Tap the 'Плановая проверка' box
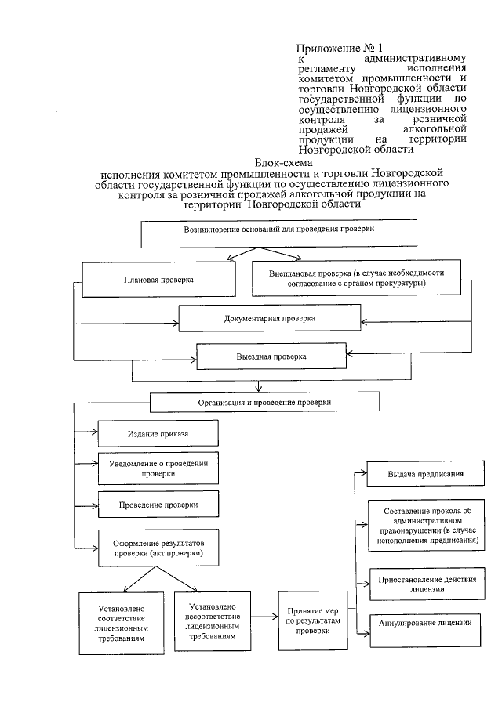click(158, 279)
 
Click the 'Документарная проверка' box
click(269, 319)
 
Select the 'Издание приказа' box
click(158, 433)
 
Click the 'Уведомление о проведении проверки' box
click(158, 468)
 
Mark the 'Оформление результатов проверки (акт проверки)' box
click(158, 548)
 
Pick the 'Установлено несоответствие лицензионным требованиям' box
click(213, 620)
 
